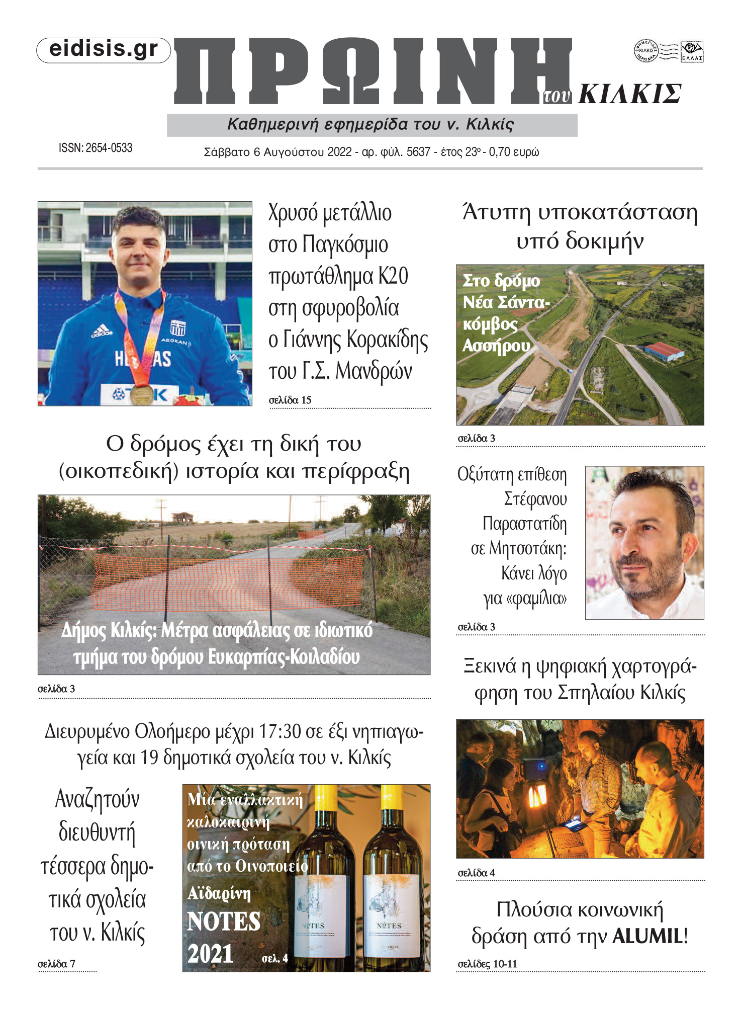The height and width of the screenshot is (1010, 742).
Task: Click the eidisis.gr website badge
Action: coord(104,50)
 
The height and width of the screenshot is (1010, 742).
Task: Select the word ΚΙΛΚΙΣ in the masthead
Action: coord(629,94)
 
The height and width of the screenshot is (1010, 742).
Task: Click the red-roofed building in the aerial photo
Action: coord(664,351)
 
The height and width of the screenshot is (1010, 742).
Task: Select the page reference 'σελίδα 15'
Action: coord(290,400)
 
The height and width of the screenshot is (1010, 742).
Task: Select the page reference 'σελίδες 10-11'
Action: coord(487,964)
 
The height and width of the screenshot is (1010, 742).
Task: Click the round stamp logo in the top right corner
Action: coord(645,51)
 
